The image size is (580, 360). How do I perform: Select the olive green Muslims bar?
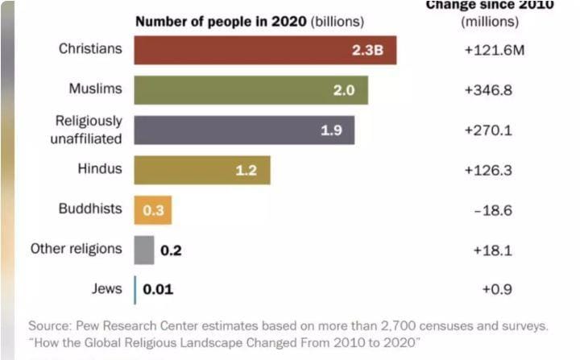251,90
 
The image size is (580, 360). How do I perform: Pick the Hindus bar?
201,170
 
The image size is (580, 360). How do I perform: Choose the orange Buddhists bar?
153,210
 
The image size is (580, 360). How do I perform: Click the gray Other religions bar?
144,250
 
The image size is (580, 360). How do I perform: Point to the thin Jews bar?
135,289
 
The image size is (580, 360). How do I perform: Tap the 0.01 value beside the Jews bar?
158,289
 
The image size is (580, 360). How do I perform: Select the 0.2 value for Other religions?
171,250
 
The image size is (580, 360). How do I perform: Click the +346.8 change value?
488,90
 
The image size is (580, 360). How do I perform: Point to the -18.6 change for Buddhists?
492,210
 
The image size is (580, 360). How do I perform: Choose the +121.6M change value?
494,51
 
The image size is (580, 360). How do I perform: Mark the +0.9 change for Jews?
497,289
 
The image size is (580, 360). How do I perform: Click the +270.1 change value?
488,130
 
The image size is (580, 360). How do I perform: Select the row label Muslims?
96,89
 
